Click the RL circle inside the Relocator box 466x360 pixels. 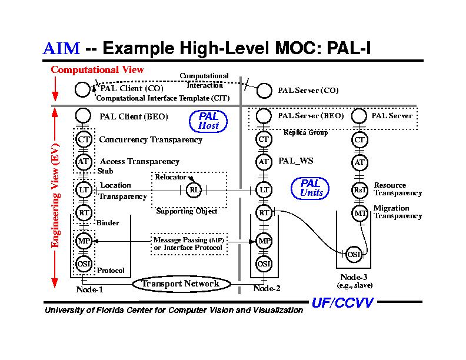[x=194, y=189]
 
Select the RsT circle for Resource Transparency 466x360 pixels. [x=360, y=189]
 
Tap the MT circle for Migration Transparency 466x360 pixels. [x=360, y=213]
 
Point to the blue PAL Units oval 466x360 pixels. [x=311, y=188]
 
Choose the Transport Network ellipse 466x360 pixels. [x=181, y=284]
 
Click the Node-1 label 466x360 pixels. [x=89, y=289]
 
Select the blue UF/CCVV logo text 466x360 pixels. [x=342, y=303]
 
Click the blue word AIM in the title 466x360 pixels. [x=61, y=48]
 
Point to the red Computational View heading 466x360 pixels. [x=97, y=70]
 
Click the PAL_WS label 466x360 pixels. [x=295, y=160]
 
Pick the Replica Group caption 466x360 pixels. [x=305, y=132]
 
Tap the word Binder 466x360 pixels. [x=108, y=223]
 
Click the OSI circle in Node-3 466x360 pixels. [x=354, y=254]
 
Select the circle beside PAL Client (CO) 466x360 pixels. [x=83, y=89]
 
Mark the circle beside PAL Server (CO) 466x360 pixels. [x=265, y=91]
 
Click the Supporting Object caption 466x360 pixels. [x=187, y=211]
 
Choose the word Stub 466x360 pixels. [x=105, y=171]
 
